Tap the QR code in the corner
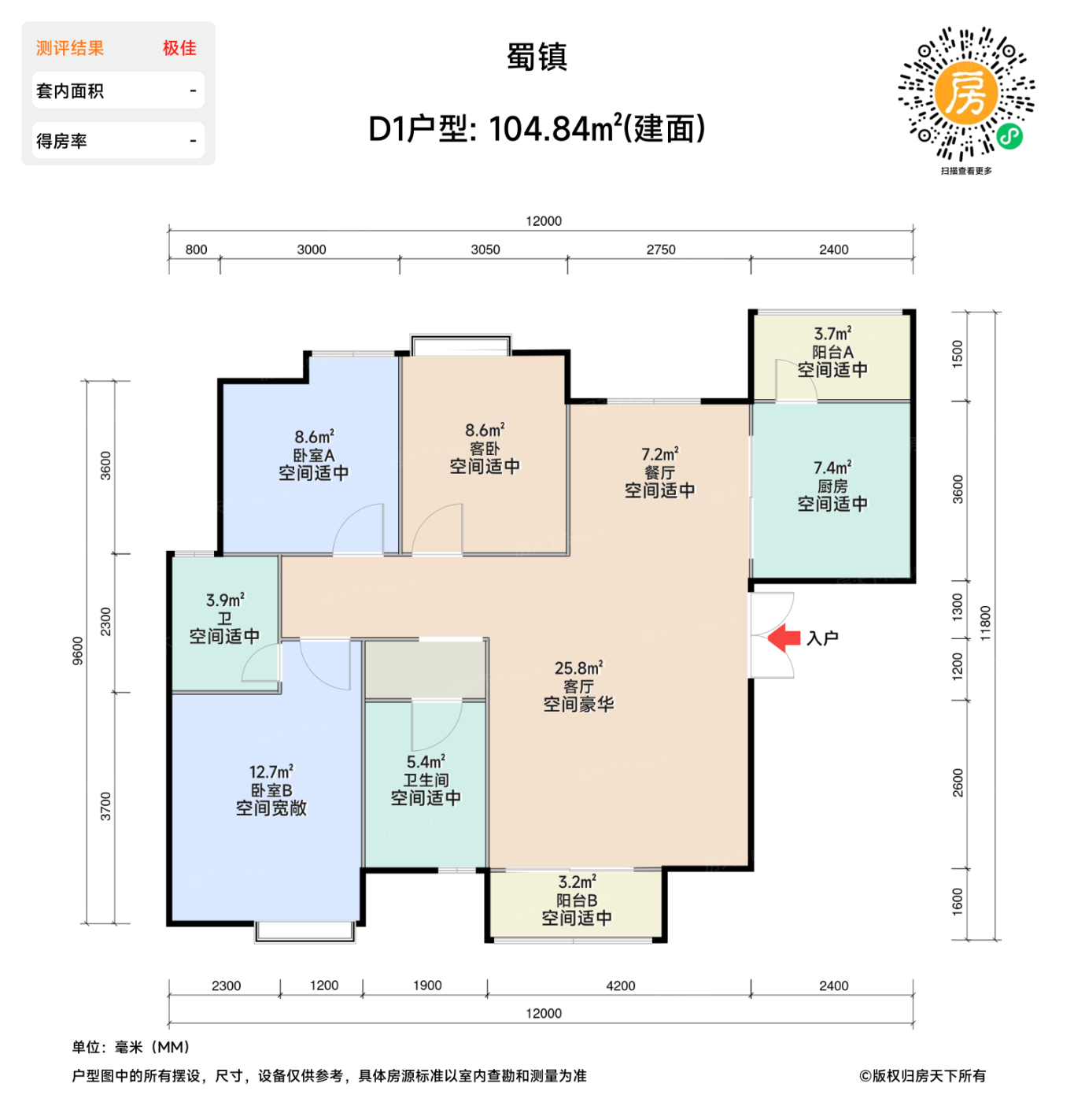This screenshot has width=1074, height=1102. [x=966, y=94]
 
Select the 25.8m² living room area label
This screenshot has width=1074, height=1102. [x=578, y=668]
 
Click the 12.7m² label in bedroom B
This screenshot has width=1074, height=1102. [x=271, y=772]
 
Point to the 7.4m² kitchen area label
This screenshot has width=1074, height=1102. [x=832, y=468]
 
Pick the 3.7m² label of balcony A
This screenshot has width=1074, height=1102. [x=832, y=334]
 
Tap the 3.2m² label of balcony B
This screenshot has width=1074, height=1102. [x=577, y=882]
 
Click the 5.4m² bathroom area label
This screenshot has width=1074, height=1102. [x=426, y=762]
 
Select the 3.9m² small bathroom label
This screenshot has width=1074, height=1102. [x=225, y=600]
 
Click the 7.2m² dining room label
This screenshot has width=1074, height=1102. [x=659, y=454]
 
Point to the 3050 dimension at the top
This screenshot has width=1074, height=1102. [x=485, y=250]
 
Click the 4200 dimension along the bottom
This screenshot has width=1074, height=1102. [x=620, y=986]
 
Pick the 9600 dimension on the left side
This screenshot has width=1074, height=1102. [x=78, y=651]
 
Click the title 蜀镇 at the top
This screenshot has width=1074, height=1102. [x=537, y=57]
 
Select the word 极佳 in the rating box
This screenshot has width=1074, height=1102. [x=179, y=48]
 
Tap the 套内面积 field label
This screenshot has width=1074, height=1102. [x=70, y=91]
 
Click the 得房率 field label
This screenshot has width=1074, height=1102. [x=61, y=142]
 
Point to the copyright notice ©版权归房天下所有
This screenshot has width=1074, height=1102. [x=922, y=1076]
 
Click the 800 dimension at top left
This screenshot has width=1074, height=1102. [x=196, y=250]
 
